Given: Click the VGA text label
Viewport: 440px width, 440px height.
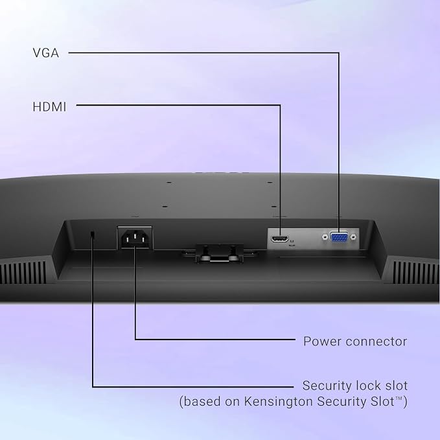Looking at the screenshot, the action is [x=46, y=53].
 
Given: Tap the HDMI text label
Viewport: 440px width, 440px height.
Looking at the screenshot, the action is [x=49, y=107].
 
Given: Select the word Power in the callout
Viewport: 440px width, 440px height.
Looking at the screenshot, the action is [x=321, y=342].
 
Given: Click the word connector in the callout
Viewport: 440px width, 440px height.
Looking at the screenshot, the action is [x=376, y=342].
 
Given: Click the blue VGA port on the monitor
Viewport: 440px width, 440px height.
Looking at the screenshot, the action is [x=339, y=237].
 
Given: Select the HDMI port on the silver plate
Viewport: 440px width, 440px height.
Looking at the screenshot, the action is [x=279, y=239].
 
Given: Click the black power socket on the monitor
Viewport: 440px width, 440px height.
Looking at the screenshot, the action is [x=135, y=238].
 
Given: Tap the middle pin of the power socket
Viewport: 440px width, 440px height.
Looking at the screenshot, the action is [x=135, y=235].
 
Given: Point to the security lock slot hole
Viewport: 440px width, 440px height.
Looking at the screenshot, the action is [x=92, y=234].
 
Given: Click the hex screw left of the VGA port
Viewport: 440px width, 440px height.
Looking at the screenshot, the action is [x=325, y=237].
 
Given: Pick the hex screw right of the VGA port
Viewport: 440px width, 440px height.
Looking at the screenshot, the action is [x=353, y=237].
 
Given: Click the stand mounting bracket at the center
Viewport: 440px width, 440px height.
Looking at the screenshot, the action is [x=220, y=253].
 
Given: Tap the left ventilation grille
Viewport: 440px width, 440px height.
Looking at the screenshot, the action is [x=23, y=272].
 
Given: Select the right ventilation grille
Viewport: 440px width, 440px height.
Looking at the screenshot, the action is [x=416, y=272].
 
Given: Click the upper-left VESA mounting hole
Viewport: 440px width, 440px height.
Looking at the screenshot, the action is [x=169, y=182].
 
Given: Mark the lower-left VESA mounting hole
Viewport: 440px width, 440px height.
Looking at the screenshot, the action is [x=165, y=207].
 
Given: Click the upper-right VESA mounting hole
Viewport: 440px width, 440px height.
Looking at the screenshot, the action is [x=270, y=182].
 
